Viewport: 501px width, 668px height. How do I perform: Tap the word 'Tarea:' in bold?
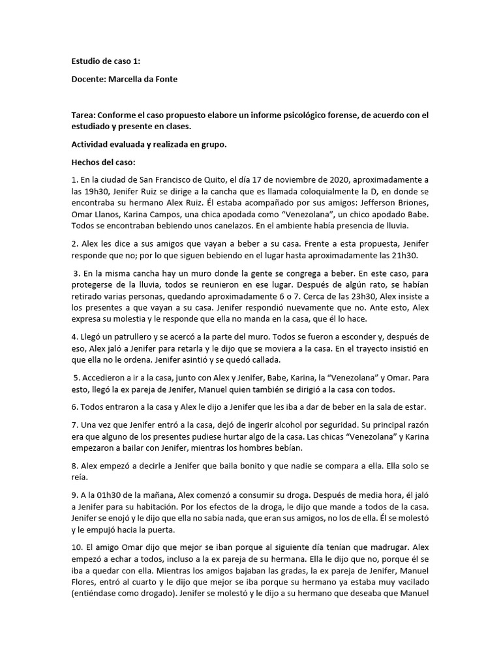coord(85,115)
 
